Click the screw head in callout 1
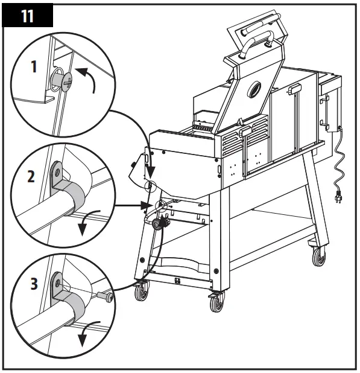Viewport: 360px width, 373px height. tap(60, 80)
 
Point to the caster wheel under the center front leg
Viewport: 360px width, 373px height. tap(216, 301)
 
